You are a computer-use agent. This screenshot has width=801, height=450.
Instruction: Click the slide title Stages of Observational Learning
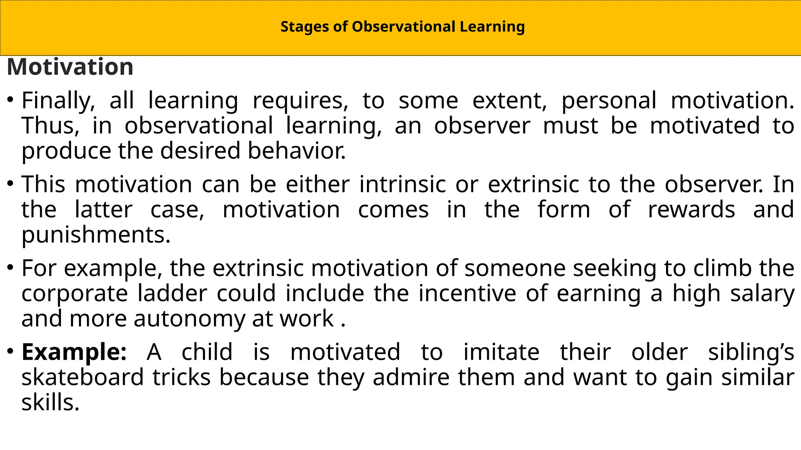pyautogui.click(x=402, y=27)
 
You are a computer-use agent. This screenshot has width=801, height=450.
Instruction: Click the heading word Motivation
pyautogui.click(x=70, y=67)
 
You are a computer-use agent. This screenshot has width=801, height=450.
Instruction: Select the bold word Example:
pyautogui.click(x=74, y=352)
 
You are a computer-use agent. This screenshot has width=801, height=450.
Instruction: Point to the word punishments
pyautogui.click(x=95, y=235)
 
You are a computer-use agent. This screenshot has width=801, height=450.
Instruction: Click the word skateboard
pyautogui.click(x=83, y=377)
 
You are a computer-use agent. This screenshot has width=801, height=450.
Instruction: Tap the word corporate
pyautogui.click(x=74, y=294)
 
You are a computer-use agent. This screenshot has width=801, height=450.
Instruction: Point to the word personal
pyautogui.click(x=609, y=101)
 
